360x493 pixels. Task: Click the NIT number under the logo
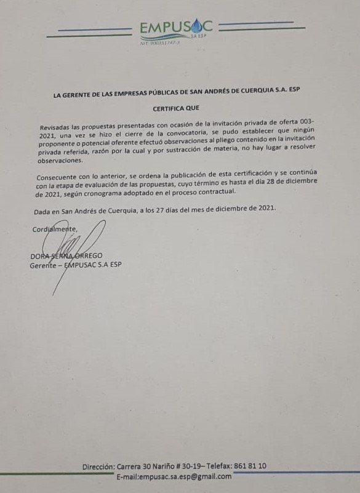click(x=159, y=43)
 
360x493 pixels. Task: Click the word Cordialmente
click(x=55, y=230)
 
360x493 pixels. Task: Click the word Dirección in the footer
click(x=98, y=467)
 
